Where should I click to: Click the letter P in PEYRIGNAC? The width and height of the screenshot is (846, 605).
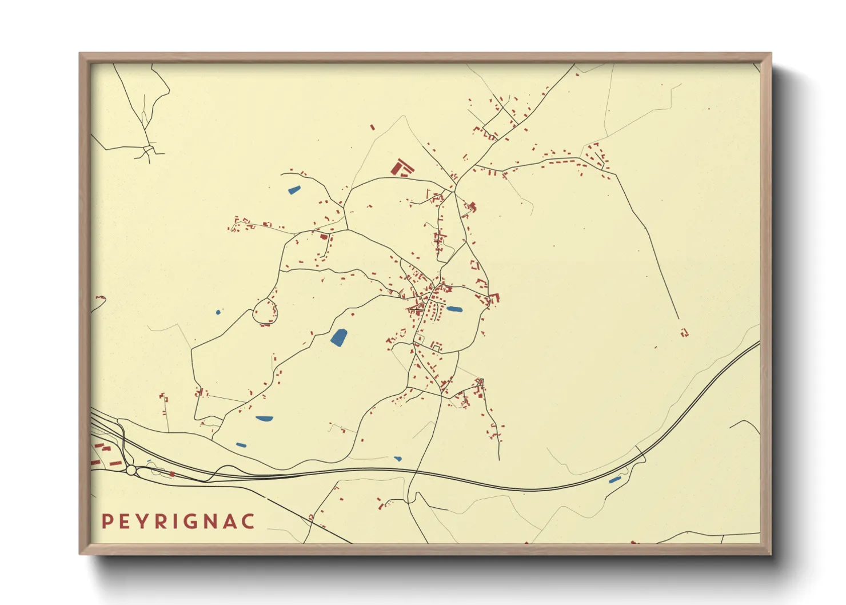click(x=106, y=522)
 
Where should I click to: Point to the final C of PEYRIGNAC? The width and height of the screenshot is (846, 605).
click(x=249, y=522)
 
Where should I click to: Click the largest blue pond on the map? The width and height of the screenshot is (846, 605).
click(x=338, y=337)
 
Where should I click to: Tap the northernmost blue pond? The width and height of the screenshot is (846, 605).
click(x=294, y=190)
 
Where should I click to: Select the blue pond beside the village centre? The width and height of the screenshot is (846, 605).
click(x=454, y=309)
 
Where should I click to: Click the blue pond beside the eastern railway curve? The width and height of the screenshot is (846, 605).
click(x=614, y=480)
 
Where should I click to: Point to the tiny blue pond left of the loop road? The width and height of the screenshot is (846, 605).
click(x=218, y=312)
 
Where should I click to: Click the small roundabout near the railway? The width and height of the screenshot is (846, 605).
click(x=131, y=470)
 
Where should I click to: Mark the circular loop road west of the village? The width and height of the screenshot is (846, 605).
click(x=265, y=311)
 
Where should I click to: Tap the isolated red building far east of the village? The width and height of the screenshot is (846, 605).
click(x=684, y=332)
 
